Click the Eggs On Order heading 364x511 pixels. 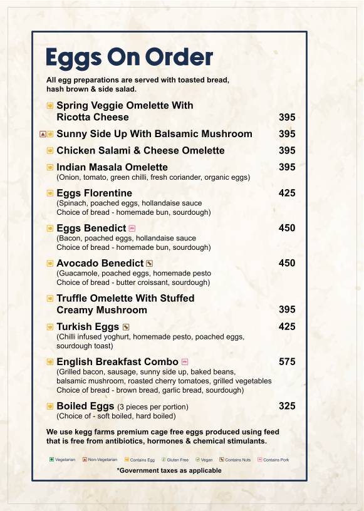click(129, 58)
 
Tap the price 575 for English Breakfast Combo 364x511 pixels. click(287, 361)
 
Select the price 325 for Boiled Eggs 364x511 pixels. click(287, 406)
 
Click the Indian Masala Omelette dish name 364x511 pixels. click(112, 167)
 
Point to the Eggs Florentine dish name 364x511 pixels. click(94, 193)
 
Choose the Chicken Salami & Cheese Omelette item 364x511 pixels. click(140, 150)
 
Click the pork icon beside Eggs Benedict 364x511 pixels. click(132, 229)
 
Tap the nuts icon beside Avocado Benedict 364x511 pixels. click(149, 264)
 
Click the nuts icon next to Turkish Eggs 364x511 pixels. click(126, 327)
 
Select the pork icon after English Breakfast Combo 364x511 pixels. click(184, 362)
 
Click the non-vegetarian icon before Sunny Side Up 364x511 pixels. click(43, 134)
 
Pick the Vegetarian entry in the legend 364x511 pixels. click(62, 460)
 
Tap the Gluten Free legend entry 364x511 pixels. click(175, 460)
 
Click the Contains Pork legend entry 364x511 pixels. click(272, 460)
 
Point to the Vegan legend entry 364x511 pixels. click(204, 460)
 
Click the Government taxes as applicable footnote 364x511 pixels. click(169, 470)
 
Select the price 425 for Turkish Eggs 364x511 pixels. click(287, 326)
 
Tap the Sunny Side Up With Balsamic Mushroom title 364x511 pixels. click(154, 134)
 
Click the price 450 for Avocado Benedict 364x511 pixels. click(287, 263)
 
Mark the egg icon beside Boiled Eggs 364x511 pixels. click(50, 406)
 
